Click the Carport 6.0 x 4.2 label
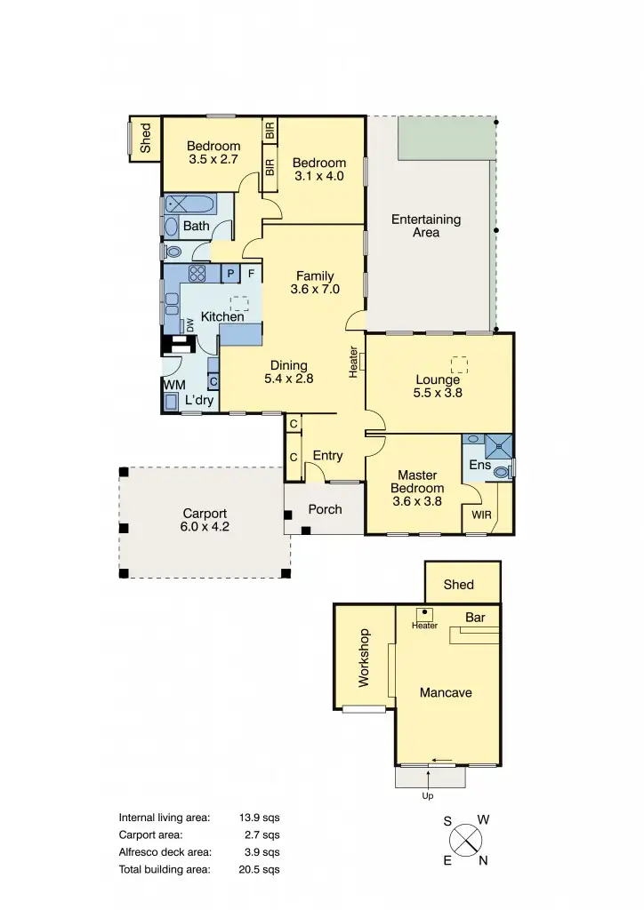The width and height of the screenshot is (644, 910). (205, 520)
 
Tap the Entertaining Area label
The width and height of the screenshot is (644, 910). (426, 226)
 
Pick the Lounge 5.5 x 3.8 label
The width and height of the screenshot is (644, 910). (439, 386)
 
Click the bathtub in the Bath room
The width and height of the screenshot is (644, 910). (197, 204)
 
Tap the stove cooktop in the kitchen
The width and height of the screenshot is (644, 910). (197, 274)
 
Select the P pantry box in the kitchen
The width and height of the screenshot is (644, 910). (230, 274)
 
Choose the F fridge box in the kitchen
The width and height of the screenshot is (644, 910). (252, 274)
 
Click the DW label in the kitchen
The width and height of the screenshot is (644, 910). (189, 325)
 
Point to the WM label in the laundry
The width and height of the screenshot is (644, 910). (173, 385)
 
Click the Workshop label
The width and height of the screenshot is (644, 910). (363, 659)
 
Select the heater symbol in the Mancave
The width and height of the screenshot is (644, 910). (424, 612)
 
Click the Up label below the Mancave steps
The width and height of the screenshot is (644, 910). (428, 796)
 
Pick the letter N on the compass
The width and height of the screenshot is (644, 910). (482, 859)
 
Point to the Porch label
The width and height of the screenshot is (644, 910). (325, 509)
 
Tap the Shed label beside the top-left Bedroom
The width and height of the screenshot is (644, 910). (146, 139)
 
